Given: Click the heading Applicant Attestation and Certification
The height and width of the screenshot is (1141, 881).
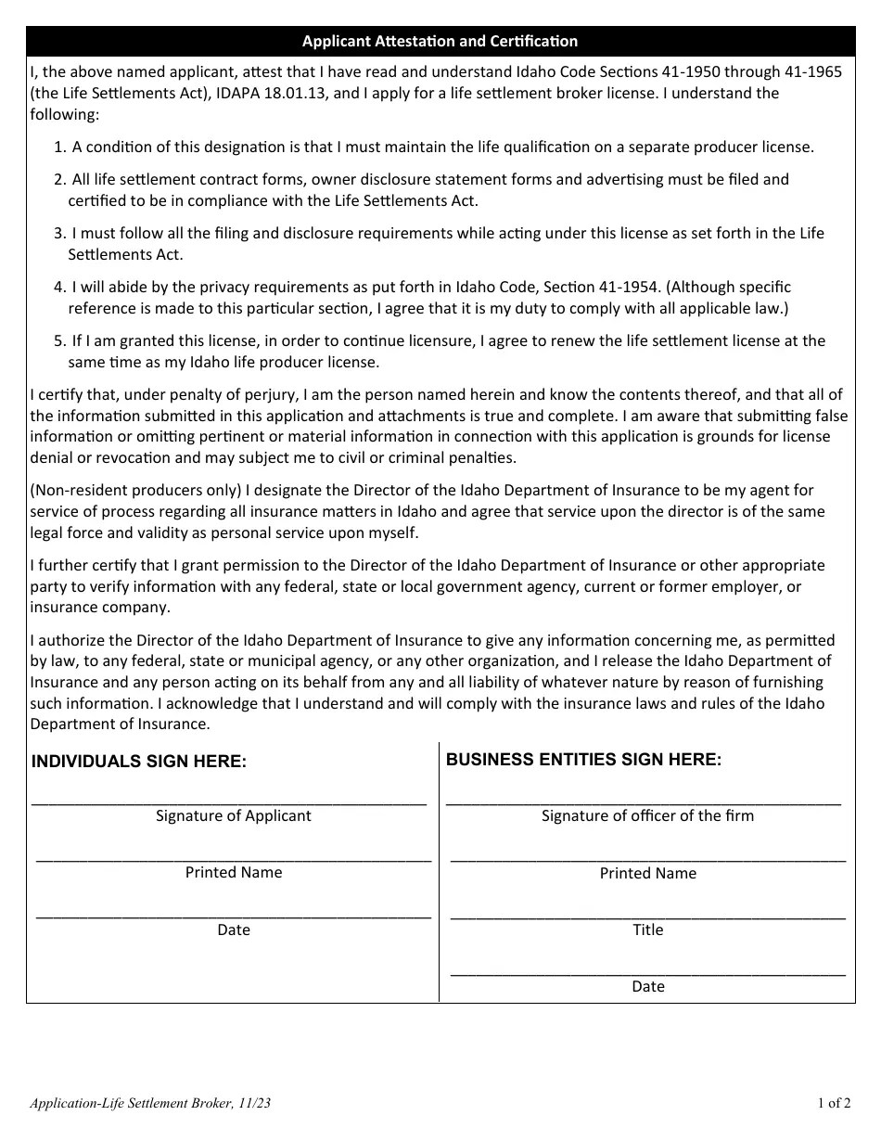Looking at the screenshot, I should click(440, 41).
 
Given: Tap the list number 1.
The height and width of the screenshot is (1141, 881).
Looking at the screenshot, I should click(59, 147).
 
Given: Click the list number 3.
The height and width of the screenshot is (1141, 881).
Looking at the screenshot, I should click(59, 233).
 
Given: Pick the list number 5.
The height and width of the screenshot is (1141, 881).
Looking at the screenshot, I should click(59, 340).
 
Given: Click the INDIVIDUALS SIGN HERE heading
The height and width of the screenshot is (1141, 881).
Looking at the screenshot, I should click(139, 762).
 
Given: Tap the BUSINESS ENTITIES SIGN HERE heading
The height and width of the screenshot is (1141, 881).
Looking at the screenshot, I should click(583, 759).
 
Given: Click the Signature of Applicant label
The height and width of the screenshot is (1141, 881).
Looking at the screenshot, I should click(234, 815).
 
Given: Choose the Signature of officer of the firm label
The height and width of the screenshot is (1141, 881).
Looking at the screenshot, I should click(647, 815).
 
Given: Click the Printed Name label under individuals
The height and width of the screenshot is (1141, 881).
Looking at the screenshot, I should click(234, 872).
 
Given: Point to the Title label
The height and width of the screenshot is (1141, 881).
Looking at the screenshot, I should click(647, 929).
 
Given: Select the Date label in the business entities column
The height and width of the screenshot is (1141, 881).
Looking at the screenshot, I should click(647, 986).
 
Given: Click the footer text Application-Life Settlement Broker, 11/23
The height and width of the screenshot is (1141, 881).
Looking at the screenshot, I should click(150, 1103).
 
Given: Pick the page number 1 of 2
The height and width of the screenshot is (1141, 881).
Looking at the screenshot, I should click(834, 1103).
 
